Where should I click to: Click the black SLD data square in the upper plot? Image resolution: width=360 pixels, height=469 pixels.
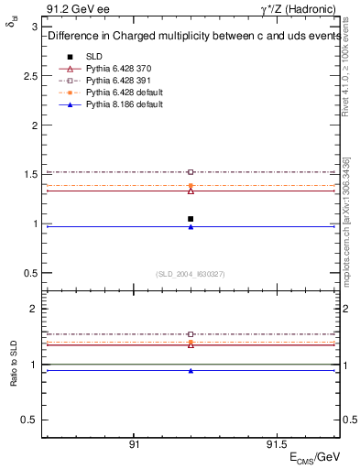tap(191, 219)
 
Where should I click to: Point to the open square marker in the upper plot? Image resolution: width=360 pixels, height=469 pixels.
tap(191, 172)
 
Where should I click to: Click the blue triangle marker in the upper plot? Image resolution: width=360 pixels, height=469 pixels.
tap(191, 226)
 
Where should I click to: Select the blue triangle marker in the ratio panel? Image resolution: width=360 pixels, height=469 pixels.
tap(191, 371)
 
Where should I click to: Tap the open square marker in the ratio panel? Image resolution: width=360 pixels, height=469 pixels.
tap(191, 334)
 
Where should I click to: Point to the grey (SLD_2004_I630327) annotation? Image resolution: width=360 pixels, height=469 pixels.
tap(191, 274)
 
